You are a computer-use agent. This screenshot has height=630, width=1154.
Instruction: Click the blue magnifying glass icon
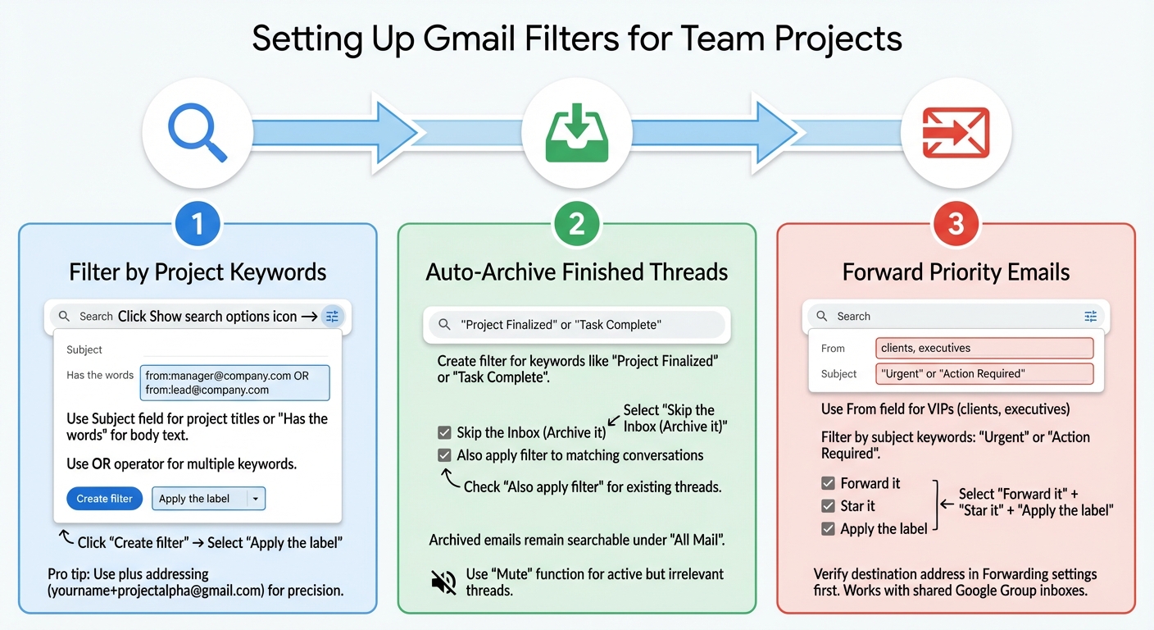197,132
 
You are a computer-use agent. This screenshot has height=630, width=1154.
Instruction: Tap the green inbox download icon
576,132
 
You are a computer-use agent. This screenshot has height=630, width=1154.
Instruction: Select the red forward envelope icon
956,132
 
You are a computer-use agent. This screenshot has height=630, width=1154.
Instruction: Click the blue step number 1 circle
197,224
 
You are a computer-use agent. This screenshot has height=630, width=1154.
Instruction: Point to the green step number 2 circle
576,224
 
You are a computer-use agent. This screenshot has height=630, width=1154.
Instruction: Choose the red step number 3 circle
956,224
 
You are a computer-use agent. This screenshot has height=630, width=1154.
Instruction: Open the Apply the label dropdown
255,499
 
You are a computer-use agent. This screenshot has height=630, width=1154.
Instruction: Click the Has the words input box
234,382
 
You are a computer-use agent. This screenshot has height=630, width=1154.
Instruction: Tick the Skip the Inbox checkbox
444,432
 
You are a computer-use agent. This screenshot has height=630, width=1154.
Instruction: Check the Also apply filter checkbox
444,455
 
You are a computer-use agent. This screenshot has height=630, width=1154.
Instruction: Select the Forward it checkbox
829,483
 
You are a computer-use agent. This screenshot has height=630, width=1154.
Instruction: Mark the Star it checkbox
829,506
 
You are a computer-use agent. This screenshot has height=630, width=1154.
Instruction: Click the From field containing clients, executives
984,348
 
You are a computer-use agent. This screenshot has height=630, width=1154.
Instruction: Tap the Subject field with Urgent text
984,374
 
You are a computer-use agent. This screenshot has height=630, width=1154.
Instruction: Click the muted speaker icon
443,582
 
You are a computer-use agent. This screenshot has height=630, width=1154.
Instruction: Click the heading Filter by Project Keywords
197,272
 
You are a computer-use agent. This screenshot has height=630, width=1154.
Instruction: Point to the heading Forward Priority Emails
956,272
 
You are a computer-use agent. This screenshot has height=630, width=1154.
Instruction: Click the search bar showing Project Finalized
575,325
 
